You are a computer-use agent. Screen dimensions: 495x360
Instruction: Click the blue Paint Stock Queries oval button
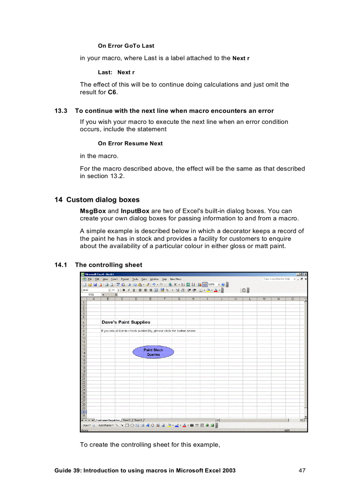coord(153,352)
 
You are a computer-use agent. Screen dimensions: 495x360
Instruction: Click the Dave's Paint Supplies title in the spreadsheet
coord(126,322)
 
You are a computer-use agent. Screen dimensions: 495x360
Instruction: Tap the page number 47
coord(302,470)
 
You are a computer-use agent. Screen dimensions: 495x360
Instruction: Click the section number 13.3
coord(60,111)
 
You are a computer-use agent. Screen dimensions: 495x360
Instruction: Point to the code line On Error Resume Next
coord(130,143)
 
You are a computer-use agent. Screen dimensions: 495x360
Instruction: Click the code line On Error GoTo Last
coord(126,45)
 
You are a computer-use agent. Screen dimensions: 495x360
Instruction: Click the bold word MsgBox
coord(93,211)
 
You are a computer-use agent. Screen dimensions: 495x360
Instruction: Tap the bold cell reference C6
coord(112,92)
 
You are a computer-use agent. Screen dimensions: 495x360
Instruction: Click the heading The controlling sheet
coord(109,265)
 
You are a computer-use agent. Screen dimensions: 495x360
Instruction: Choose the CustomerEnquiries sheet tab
coord(108,420)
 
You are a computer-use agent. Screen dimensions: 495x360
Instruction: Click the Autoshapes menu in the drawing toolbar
coord(105,425)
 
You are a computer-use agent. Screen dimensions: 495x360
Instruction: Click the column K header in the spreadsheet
coord(236,299)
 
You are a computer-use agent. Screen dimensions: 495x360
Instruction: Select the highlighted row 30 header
coord(83,412)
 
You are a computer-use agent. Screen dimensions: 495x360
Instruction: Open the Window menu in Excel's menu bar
coord(154,279)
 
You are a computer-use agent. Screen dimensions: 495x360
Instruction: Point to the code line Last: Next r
coord(116,72)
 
